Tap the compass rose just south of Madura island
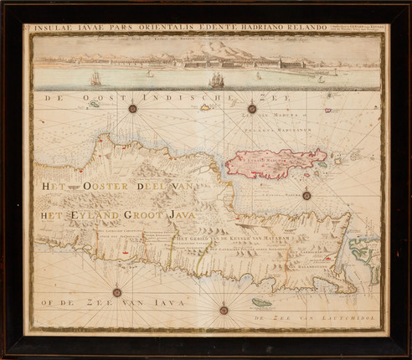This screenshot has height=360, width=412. [306, 195]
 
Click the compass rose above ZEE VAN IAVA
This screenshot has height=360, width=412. [116, 292]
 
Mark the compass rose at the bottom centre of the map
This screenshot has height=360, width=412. [224, 310]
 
